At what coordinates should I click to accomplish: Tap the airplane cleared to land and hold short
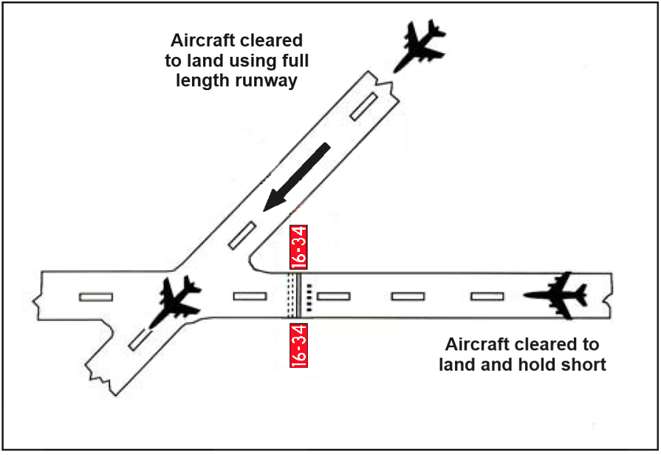[555, 295]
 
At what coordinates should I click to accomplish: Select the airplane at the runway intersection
[176, 301]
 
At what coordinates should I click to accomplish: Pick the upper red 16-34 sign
[298, 247]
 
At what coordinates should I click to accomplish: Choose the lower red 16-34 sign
[298, 343]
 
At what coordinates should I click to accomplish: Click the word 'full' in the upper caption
[290, 60]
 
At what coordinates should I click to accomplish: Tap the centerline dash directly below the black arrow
[242, 235]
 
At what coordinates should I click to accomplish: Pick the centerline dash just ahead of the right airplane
[487, 296]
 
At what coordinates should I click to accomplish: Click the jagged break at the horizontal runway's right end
[609, 295]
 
